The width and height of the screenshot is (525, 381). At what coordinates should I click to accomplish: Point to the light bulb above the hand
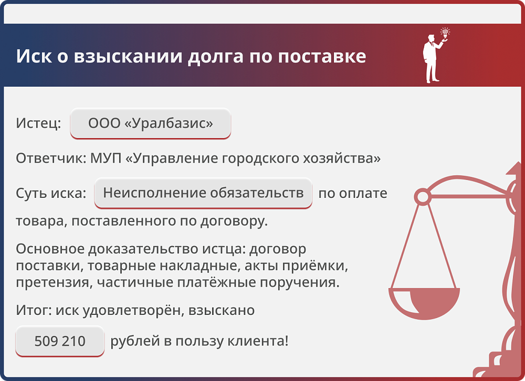[x=445, y=33]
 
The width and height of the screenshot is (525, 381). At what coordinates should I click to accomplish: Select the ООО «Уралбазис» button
[x=150, y=124]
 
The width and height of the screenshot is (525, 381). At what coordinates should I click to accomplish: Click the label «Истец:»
[x=38, y=124]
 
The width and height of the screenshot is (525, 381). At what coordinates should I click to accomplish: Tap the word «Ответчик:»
[x=51, y=158]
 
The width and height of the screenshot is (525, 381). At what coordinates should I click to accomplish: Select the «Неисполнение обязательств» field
[x=203, y=193]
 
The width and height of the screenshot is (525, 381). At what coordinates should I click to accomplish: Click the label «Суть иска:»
[x=51, y=193]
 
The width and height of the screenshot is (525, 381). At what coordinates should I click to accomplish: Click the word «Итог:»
[x=33, y=310]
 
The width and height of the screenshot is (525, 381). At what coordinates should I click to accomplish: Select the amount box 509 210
[x=60, y=341]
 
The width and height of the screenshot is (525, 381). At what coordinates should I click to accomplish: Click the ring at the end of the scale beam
[x=422, y=197]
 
